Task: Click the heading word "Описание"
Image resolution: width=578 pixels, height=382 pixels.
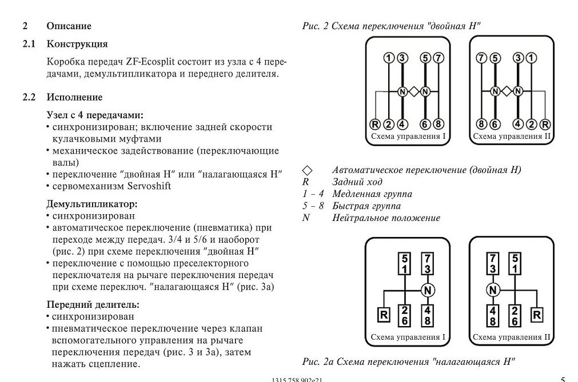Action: coord(69,26)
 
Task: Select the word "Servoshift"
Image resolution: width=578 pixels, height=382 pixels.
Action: coord(149,186)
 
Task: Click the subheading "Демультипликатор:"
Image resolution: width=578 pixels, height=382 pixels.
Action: coord(92,204)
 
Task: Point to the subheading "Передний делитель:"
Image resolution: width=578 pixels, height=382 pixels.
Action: coord(93,305)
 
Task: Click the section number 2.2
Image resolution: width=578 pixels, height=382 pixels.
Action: coord(29,97)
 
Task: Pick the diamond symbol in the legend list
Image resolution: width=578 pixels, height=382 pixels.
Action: coord(307,170)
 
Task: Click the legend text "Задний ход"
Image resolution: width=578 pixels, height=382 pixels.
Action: coord(357,182)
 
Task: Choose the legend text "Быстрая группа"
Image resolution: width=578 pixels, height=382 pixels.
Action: coord(366,206)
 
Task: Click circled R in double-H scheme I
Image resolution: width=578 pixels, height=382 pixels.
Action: coord(375,124)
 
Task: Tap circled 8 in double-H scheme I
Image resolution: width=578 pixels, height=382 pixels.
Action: coord(438,124)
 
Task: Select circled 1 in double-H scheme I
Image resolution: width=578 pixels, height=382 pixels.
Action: coord(389,58)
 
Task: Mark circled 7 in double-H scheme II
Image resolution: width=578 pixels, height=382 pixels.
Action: coord(481,58)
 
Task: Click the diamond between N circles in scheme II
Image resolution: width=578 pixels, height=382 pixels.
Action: coord(507,91)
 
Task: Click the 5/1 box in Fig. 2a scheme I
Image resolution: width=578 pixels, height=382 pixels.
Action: coord(405,263)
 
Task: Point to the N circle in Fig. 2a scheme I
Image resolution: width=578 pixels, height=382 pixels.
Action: coord(428,291)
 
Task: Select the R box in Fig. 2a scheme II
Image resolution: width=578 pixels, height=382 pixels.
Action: coord(537,315)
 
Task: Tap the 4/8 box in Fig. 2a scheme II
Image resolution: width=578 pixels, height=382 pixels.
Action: coord(492,316)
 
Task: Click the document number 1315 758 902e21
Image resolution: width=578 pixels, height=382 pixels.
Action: coord(297,380)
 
